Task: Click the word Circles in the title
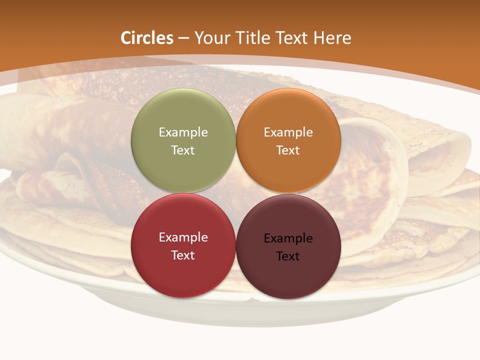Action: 147,38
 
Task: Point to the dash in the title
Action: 183,38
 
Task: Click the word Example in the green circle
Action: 183,132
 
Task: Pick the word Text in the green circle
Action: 183,150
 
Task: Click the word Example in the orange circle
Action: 288,132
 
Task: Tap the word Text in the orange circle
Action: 288,150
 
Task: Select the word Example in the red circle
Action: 183,237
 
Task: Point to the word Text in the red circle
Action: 183,255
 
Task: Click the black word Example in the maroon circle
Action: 288,238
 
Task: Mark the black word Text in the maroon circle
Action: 288,256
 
